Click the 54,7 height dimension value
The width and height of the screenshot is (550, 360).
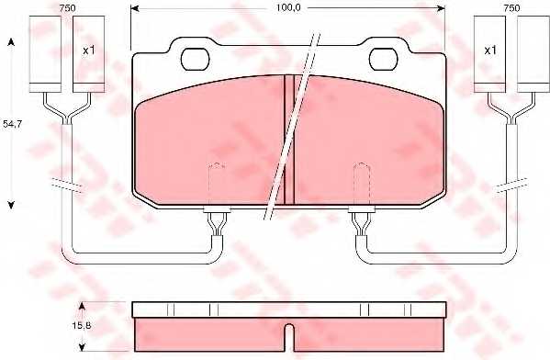[x=13, y=121]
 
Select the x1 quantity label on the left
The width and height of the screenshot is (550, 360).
[x=89, y=50]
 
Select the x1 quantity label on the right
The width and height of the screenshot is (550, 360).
[x=489, y=50]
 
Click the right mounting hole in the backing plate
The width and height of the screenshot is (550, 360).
[x=382, y=59]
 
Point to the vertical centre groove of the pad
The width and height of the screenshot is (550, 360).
[x=288, y=138]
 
